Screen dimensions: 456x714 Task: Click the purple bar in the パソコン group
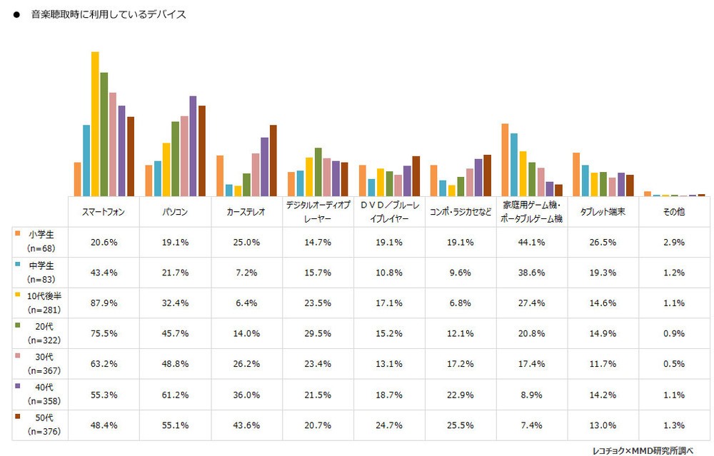193,146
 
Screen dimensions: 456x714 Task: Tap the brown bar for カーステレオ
273,160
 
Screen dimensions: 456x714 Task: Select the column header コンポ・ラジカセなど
461,212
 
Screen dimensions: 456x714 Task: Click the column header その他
675,212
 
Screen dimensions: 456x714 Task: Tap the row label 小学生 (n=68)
39,241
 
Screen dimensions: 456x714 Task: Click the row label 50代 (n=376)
39,425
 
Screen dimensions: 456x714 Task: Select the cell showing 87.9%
104,303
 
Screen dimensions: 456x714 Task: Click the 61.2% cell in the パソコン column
175,394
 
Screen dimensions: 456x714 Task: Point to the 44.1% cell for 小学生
532,242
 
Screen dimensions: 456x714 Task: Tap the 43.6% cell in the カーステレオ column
246,425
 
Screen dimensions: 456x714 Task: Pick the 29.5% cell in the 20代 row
318,333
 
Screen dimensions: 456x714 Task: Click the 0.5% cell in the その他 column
675,364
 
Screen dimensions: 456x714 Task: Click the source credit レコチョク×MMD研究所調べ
642,450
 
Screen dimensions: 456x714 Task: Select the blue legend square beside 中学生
16,264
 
